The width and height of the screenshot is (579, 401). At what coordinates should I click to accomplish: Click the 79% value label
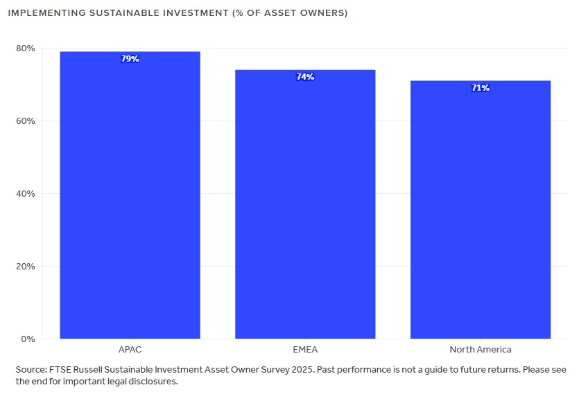130,59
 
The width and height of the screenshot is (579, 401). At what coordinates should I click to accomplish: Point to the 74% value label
305,77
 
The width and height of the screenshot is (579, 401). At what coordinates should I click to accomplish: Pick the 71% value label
481,88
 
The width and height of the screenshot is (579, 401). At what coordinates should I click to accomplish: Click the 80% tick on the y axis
26,48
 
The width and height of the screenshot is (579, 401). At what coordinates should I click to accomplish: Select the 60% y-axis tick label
26,121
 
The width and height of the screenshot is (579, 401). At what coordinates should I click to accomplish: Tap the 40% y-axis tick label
26,194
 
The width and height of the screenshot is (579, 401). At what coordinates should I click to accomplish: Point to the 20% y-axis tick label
26,267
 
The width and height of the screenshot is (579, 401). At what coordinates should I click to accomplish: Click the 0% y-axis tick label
28,339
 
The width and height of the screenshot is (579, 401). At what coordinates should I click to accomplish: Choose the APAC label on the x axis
130,350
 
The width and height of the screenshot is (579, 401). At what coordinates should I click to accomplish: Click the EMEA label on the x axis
305,350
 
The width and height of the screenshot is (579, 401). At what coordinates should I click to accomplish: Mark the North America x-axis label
480,350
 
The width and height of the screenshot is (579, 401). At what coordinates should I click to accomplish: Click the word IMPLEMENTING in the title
43,13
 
